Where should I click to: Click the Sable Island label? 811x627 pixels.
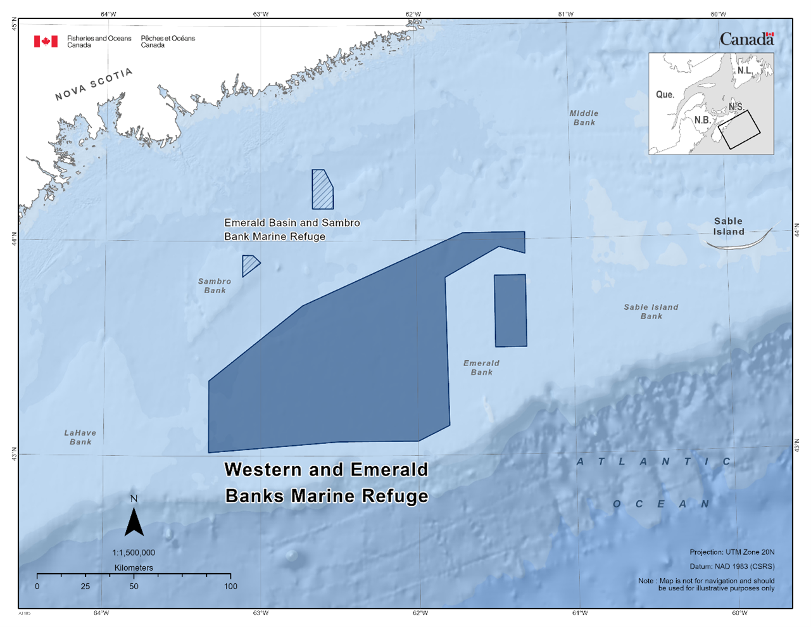coord(728,226)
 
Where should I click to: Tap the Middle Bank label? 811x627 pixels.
coord(584,118)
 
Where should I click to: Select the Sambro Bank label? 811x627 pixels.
coord(215,286)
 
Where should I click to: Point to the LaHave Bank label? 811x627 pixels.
coord(80,438)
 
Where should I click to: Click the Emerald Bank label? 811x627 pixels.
coord(481,367)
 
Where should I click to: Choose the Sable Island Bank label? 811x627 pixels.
coord(651,312)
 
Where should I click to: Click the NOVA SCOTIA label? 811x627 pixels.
coord(94,84)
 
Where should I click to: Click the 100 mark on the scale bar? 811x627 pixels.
coord(230,586)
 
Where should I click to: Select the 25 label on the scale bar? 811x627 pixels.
coord(85,586)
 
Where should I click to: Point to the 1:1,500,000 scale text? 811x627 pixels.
coord(134,552)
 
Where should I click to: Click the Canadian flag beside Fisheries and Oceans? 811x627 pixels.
coord(46,41)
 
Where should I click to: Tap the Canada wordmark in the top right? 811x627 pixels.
coord(746,39)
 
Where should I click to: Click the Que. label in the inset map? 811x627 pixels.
coord(665,94)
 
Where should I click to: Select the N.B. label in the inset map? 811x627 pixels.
coord(701,120)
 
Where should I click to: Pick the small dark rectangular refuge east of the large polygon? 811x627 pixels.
coord(510,310)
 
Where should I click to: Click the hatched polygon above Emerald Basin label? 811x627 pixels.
coord(322,190)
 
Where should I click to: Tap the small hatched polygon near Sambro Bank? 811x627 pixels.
coord(249,264)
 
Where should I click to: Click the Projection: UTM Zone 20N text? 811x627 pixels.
coord(732,552)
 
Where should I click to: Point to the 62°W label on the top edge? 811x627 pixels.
coord(413,14)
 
